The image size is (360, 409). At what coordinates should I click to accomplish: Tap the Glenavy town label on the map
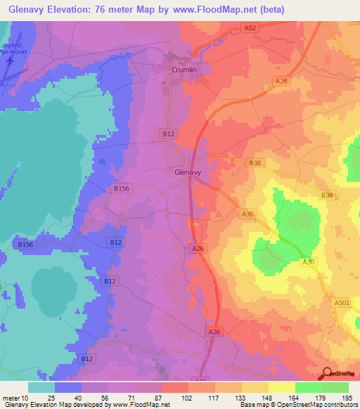pos(188,171)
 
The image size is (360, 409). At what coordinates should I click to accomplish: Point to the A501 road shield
pos(342,302)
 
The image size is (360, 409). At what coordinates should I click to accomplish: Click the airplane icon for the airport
pos(9,60)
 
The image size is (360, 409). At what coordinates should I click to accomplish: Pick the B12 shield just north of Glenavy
pos(167,134)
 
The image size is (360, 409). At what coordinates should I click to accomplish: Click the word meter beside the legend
pos(11,398)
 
